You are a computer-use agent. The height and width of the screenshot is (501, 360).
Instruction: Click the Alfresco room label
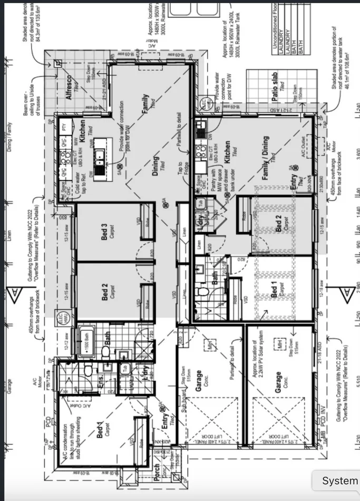pos(67,88)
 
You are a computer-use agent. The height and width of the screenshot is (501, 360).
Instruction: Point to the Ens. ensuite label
pos(101,382)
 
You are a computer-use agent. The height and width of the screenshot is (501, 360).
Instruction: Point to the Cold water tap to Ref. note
pos(82,179)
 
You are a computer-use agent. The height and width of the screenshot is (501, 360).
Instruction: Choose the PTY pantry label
pos(64,127)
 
